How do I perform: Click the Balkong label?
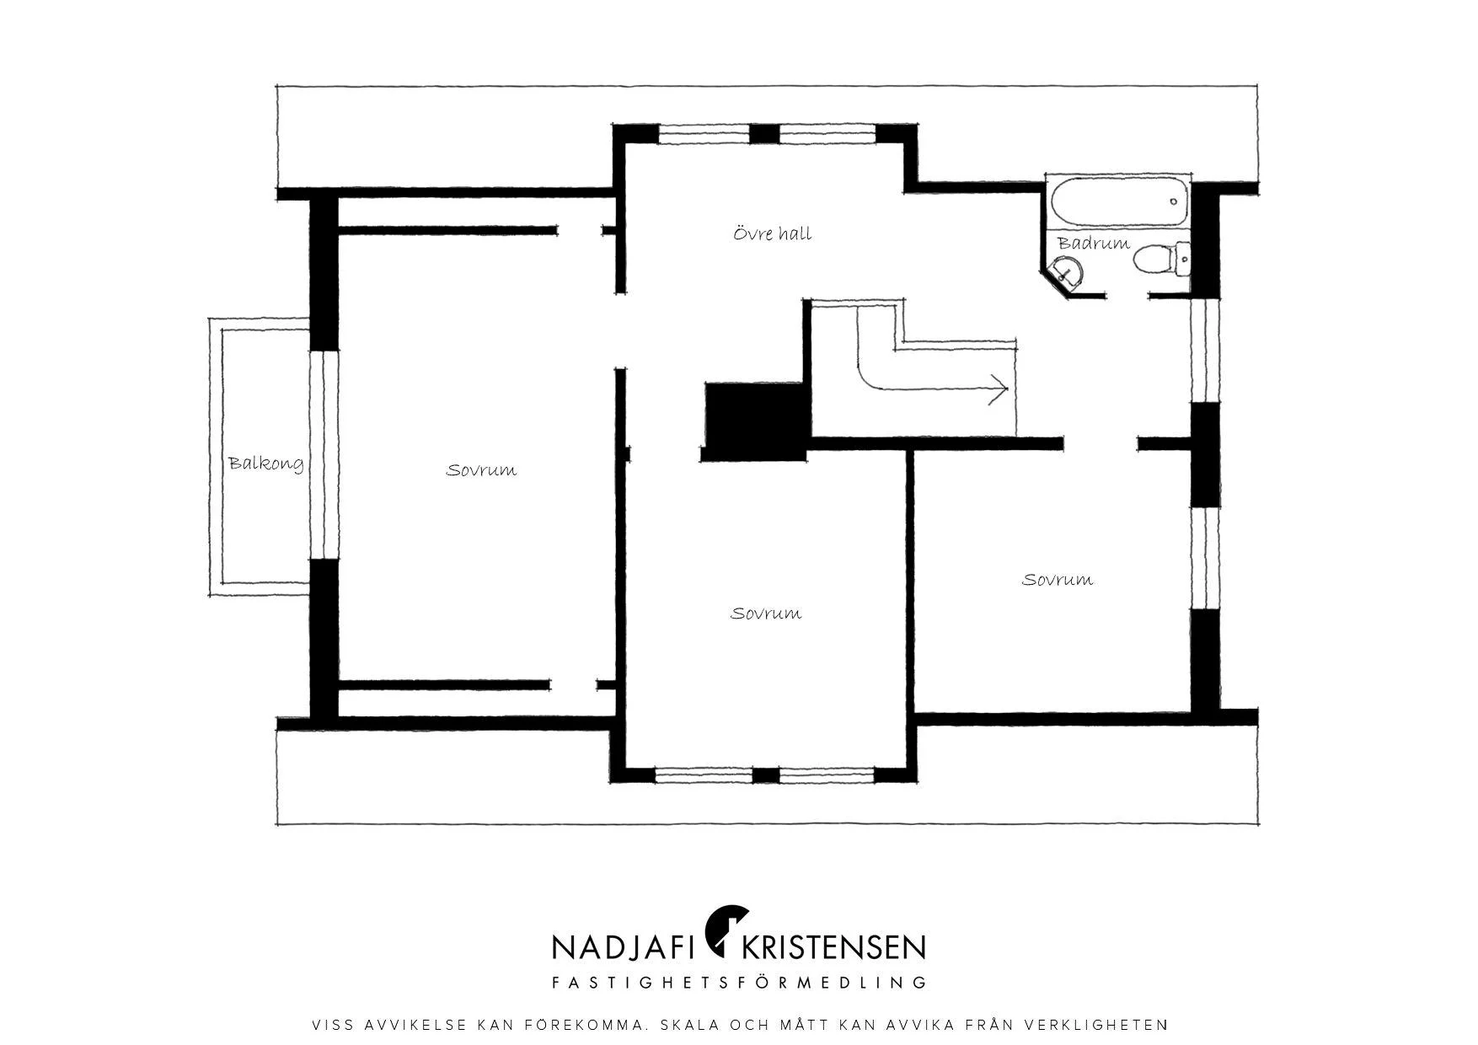click(265, 464)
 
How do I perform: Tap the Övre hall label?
click(773, 233)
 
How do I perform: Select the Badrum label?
click(1094, 243)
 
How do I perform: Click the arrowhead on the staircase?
click(999, 389)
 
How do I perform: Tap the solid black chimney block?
click(755, 421)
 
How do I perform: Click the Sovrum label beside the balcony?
click(481, 470)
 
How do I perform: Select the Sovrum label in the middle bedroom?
click(766, 614)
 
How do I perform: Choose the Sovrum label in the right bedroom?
click(1058, 580)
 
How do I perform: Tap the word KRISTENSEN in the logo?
click(833, 946)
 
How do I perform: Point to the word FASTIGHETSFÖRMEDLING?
click(739, 982)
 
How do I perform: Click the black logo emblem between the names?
click(726, 930)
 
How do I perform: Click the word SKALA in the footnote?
click(691, 1026)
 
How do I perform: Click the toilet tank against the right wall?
click(1183, 259)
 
